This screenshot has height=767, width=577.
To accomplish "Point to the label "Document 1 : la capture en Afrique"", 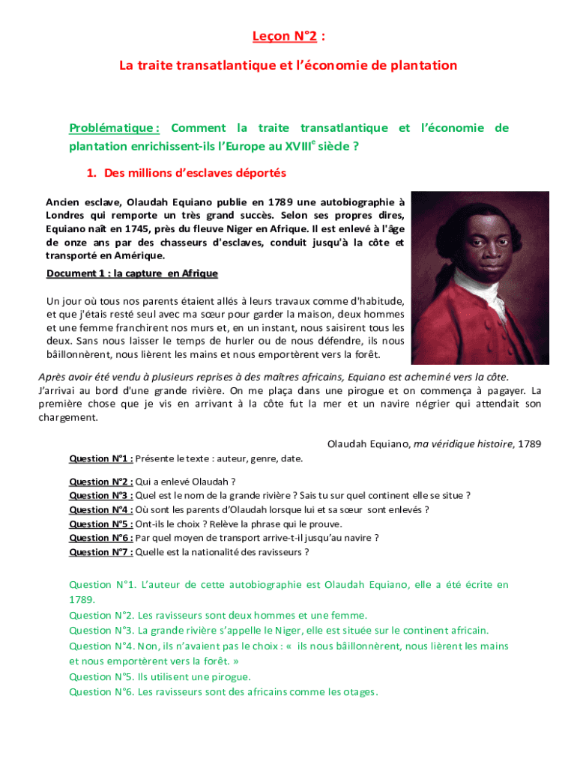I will point(132,273).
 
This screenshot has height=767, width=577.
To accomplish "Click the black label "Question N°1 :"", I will point(101,458).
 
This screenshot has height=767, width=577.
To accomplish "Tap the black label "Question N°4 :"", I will point(101,510).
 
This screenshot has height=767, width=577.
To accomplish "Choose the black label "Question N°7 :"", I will point(101,553).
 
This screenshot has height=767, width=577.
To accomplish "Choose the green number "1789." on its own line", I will point(82,600).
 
